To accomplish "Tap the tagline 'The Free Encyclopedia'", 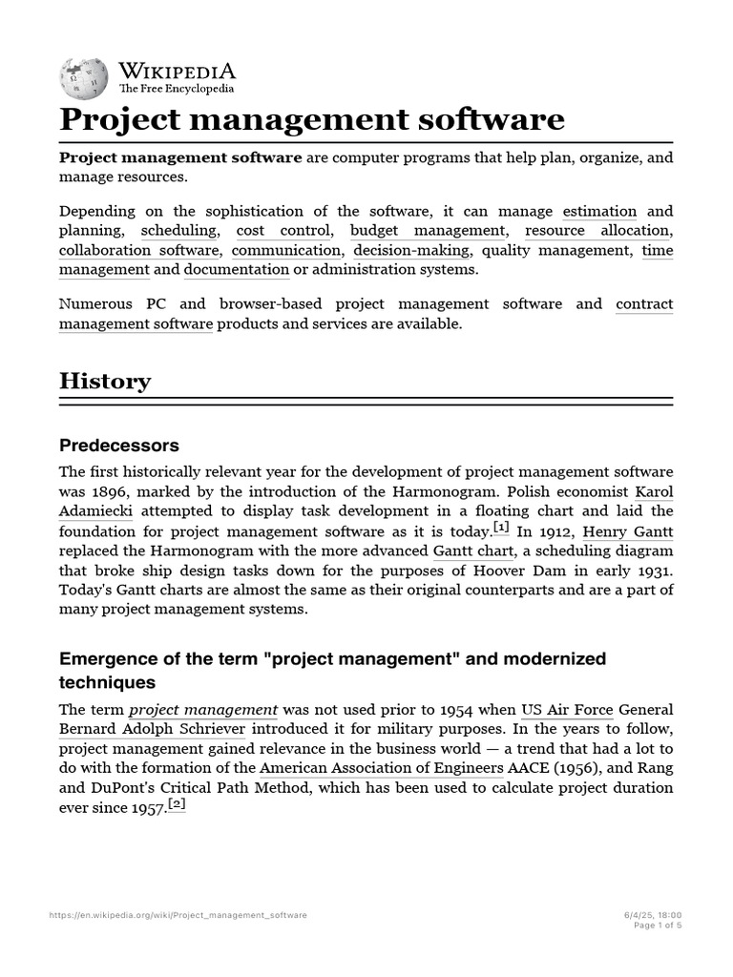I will coord(176,89).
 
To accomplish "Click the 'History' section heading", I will coord(105,382).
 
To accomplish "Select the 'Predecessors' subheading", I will coord(118,446).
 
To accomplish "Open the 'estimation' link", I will coord(599,211).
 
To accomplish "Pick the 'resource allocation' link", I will coord(597,231).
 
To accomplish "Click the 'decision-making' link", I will coord(411,251).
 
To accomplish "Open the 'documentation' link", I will coord(237,270).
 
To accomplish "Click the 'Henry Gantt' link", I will coord(626,531).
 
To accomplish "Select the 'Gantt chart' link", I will coord(471,551).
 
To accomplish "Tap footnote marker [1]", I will coord(501,528).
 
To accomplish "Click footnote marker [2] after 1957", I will coord(176,804).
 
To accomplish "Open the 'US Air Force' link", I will coord(566,710).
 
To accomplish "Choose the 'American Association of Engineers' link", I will coord(382,768).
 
